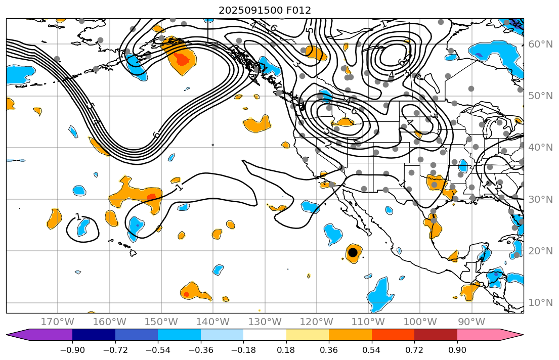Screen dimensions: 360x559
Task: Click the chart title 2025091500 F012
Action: pos(265,10)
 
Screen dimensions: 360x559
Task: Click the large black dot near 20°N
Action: pos(353,252)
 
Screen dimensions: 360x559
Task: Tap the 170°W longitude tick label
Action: pos(58,322)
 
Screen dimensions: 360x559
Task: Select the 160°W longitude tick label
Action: pos(110,322)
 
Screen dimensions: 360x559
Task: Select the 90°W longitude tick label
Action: pos(471,322)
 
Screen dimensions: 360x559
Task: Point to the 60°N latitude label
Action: pos(540,44)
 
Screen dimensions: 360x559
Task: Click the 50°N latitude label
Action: pos(540,96)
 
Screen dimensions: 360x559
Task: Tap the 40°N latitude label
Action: pos(540,148)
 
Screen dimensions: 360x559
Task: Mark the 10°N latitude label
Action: pos(540,303)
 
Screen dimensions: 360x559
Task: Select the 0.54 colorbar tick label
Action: pos(372,350)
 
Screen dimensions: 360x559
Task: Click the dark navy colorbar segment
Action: pos(94,335)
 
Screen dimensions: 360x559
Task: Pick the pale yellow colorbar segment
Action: pos(308,335)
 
